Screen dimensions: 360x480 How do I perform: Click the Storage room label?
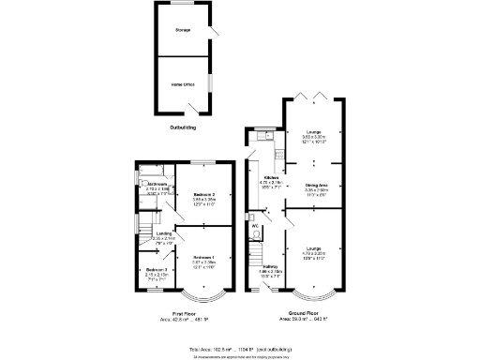(x=182, y=30)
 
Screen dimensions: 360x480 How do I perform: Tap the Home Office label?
(x=182, y=84)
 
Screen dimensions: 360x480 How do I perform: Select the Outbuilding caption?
(x=183, y=126)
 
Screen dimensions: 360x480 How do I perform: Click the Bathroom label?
(x=157, y=184)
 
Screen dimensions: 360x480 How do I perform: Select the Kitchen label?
(x=271, y=177)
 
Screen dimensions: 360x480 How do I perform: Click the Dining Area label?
(x=317, y=186)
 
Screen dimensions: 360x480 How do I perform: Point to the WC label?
(x=254, y=226)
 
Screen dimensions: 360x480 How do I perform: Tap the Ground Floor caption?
(x=304, y=312)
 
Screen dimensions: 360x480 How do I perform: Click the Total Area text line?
(x=239, y=348)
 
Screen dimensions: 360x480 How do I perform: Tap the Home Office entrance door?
(x=195, y=113)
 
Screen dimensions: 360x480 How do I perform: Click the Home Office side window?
(x=210, y=83)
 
